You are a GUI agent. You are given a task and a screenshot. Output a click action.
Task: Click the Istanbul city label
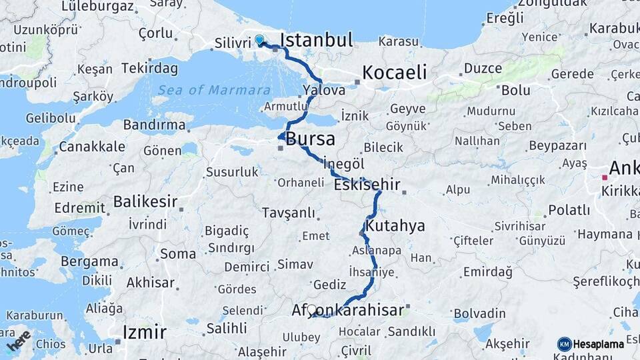click(x=316, y=40)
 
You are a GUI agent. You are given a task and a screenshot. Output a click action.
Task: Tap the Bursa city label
click(x=311, y=139)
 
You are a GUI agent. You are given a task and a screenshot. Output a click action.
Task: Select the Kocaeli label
click(x=394, y=73)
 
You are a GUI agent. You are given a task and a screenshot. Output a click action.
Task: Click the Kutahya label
click(x=395, y=225)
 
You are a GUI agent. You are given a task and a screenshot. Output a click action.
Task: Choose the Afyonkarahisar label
click(x=348, y=310)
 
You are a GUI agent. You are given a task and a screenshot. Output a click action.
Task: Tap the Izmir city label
click(x=145, y=331)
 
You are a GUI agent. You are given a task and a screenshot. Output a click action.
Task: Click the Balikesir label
click(x=145, y=201)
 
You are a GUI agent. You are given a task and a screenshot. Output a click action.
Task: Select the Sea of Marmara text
click(x=215, y=90)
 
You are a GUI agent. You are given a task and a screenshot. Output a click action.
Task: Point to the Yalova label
click(x=323, y=89)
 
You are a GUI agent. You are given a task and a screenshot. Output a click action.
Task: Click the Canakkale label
click(x=92, y=146)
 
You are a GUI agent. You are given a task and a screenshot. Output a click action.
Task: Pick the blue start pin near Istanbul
click(x=259, y=40)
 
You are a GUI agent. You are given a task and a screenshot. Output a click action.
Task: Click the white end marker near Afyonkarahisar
click(x=311, y=309)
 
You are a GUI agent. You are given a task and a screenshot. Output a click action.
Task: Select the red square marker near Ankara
click(x=605, y=177)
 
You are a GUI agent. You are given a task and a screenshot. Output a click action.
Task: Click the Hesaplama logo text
click(x=598, y=344)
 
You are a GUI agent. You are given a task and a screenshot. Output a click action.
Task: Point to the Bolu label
click(x=515, y=90)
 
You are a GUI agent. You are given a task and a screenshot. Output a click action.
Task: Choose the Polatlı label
click(x=569, y=210)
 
